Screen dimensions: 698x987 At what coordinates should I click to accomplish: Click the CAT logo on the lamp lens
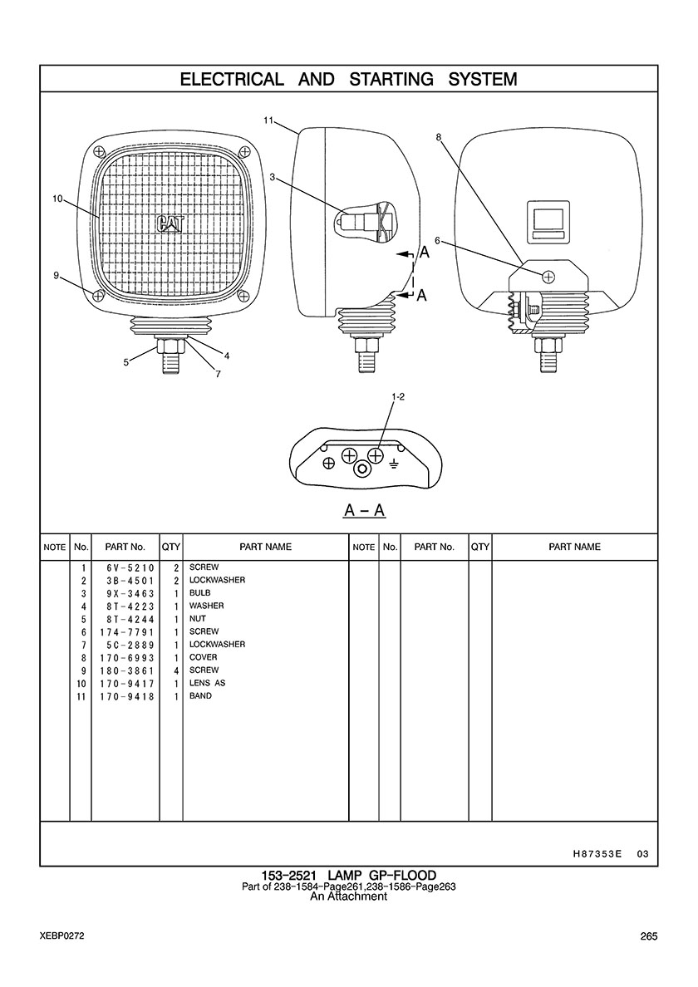tap(170, 224)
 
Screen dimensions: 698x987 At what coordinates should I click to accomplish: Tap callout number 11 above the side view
tap(268, 120)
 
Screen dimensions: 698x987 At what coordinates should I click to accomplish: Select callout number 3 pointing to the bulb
tap(272, 178)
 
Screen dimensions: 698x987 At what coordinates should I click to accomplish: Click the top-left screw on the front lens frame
tap(98, 151)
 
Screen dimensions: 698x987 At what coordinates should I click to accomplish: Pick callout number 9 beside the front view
tap(56, 276)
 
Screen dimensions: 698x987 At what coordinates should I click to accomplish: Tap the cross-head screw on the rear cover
tap(548, 276)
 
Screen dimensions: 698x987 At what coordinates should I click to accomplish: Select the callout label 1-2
tap(397, 396)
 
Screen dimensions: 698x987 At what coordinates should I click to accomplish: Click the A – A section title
tap(365, 510)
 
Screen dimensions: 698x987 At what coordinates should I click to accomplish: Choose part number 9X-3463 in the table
tap(130, 593)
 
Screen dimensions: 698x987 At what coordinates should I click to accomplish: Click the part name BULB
tap(200, 593)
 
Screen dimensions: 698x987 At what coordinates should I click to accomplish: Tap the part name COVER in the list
tap(204, 657)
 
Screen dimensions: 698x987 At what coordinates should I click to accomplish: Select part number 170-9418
tap(127, 697)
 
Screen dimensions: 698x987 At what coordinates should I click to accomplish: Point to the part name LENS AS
tap(207, 683)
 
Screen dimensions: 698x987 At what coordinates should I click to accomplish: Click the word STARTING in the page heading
tap(391, 79)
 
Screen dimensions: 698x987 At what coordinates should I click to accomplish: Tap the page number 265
tap(649, 936)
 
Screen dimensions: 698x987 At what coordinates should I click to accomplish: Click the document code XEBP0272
tap(61, 936)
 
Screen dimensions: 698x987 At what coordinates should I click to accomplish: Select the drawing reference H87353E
tap(597, 854)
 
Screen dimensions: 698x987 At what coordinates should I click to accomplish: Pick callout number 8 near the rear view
tap(438, 136)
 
